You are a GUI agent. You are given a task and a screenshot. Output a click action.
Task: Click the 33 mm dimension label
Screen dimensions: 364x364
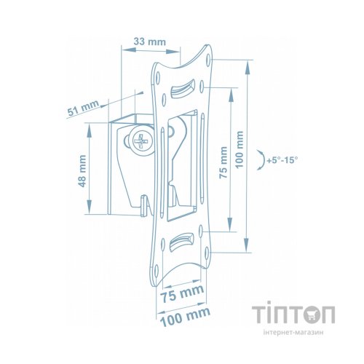[150, 41]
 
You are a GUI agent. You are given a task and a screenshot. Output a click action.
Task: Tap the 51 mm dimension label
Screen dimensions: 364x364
[83, 108]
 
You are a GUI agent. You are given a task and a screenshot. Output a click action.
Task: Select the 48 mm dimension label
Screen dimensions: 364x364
[82, 171]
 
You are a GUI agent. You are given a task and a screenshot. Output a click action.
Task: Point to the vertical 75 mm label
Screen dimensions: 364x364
[223, 162]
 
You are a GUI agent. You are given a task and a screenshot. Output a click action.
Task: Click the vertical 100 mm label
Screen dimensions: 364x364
[240, 149]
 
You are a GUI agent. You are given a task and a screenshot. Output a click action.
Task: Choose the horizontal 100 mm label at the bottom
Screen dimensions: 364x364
[185, 317]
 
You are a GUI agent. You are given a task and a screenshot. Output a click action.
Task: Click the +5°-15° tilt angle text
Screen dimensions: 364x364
[282, 160]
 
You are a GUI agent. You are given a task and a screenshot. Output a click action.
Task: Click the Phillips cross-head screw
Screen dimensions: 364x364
[141, 142]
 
